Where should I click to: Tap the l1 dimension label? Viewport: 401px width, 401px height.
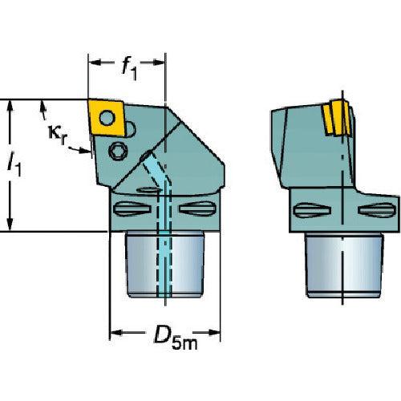coord(14,164)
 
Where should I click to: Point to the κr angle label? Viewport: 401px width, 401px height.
coord(57,134)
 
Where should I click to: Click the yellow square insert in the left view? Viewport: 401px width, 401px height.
coord(107,118)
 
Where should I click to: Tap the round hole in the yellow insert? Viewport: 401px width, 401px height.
coord(107,118)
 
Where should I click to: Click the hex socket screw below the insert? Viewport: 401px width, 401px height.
coord(118,151)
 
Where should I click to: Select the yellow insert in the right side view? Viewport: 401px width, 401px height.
coord(336,117)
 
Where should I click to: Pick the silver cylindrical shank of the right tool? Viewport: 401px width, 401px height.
coord(344,265)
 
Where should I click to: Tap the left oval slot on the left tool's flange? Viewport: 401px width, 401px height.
coord(132,209)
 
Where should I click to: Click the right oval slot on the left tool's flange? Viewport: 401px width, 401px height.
coord(197,208)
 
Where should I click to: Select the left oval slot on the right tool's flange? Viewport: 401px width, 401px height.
coord(312,210)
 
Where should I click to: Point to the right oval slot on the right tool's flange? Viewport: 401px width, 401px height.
coord(377,210)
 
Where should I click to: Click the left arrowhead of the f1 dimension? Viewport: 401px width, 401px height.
coord(95,63)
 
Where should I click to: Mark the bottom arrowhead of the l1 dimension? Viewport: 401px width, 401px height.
coord(10,224)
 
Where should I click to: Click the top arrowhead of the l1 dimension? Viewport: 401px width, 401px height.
coord(10,107)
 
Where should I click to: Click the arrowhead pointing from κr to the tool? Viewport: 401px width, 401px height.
coord(85,151)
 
